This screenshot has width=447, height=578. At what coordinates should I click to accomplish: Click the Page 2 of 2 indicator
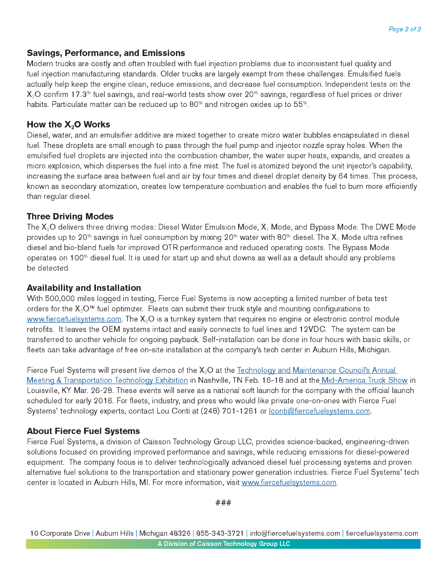click(x=404, y=29)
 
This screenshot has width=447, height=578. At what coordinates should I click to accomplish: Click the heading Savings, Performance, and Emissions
click(x=106, y=53)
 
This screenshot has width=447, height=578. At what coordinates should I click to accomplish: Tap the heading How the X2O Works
click(x=68, y=125)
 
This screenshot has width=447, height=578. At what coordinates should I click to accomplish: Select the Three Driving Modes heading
click(x=70, y=216)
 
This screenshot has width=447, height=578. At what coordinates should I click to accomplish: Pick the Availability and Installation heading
click(x=84, y=288)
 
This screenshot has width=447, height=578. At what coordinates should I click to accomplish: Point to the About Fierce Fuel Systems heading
click(x=83, y=431)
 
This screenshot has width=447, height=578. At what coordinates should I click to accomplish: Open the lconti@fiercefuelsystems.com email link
click(x=319, y=411)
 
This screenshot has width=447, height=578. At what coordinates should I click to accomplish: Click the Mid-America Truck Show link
click(x=364, y=380)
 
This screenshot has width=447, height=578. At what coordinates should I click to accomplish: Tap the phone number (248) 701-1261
click(x=229, y=411)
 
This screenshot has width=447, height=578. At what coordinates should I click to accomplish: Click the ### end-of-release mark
click(x=223, y=503)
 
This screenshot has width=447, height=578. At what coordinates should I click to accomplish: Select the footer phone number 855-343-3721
click(x=220, y=533)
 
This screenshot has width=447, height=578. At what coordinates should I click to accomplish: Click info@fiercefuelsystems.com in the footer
click(x=295, y=533)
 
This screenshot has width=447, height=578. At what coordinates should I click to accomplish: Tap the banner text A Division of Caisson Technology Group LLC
click(x=223, y=544)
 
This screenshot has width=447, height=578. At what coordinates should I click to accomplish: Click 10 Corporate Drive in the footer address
click(x=60, y=533)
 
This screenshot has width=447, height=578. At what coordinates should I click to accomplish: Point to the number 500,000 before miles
click(x=59, y=299)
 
